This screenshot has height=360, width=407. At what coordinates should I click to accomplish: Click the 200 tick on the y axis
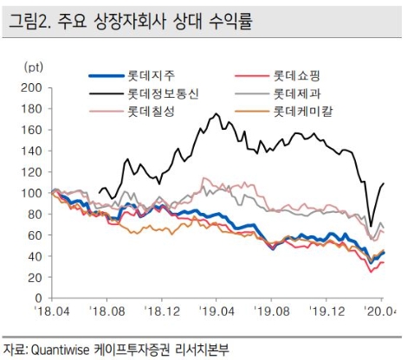35,87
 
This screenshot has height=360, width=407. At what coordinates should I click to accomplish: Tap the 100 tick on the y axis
35,193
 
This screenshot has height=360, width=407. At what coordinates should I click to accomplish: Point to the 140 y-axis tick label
35,151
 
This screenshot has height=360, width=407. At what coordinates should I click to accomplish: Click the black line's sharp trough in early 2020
371,225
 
